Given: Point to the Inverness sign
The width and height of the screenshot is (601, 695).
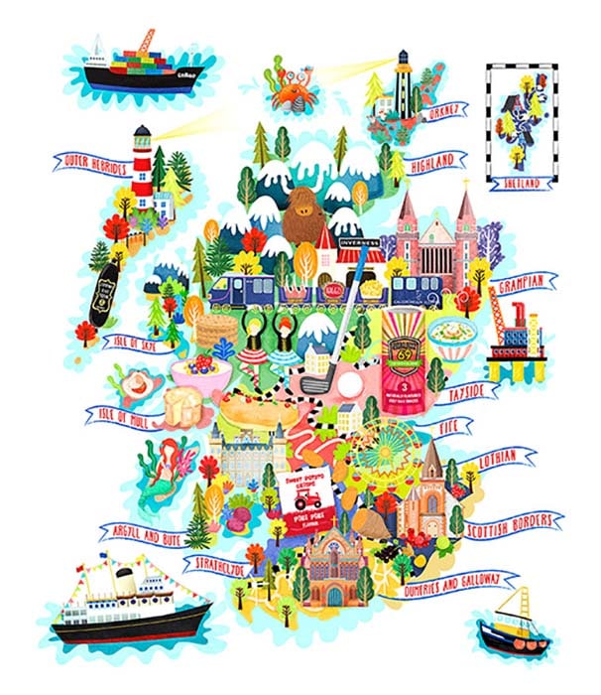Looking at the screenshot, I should tap(359, 241).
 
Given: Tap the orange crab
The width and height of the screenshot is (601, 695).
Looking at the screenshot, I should tap(291, 96).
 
